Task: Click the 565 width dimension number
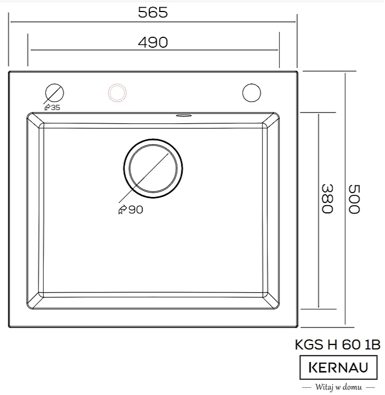pos(153,12)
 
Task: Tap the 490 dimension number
pos(153,42)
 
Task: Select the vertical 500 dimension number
pos(354,199)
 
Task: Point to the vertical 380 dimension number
pos(327,199)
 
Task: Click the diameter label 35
pos(55,108)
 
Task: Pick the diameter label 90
pos(135,210)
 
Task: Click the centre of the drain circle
pos(153,168)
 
